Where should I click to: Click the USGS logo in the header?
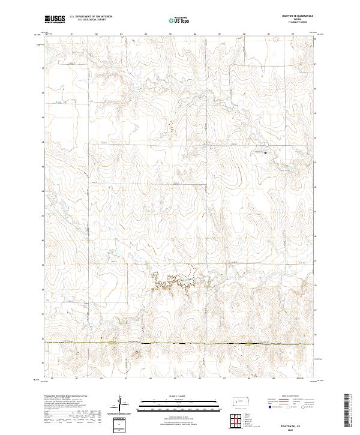click(x=54, y=20)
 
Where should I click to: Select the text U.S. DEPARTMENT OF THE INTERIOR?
click(x=91, y=18)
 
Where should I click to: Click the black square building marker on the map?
click(x=266, y=152)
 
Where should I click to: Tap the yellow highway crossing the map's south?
click(x=180, y=344)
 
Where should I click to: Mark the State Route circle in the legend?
click(x=302, y=406)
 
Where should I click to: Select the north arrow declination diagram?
click(x=123, y=405)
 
